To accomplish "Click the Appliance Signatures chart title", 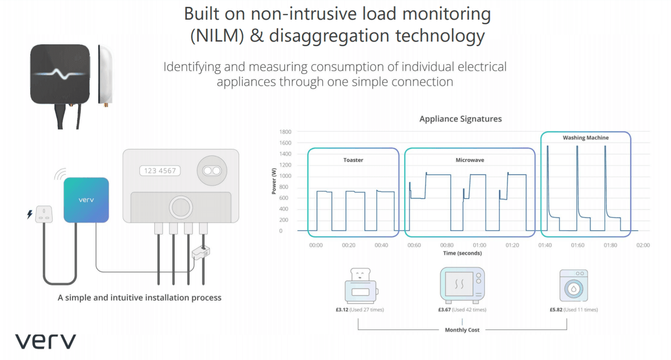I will pos(460,119).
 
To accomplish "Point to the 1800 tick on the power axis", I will pos(285,132).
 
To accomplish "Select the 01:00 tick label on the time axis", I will pos(479,245).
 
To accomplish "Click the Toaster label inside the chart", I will pos(353,160).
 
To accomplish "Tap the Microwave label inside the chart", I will pos(470,160).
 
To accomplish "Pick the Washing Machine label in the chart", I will pos(586,138).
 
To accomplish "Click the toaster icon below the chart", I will pos(360,286).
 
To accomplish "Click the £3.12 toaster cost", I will pos(342,310).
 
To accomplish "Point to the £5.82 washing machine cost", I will pos(556,310).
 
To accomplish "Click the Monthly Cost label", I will pos(462,330).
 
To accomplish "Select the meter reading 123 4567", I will pos(160,171).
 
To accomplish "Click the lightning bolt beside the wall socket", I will pos(30,214).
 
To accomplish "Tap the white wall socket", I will pos(44,214).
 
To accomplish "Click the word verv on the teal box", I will pos(86,200).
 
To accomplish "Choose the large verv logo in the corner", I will pos(45,341).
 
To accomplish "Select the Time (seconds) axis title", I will pos(462,253).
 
